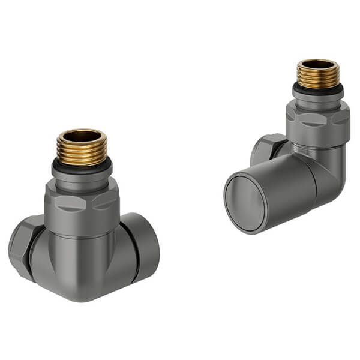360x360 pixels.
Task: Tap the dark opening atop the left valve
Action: (82, 136)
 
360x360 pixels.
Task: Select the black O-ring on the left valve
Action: (82, 165)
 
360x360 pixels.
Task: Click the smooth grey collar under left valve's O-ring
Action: (82, 178)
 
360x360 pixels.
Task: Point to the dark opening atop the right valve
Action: (318, 63)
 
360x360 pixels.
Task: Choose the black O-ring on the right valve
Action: (318, 89)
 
